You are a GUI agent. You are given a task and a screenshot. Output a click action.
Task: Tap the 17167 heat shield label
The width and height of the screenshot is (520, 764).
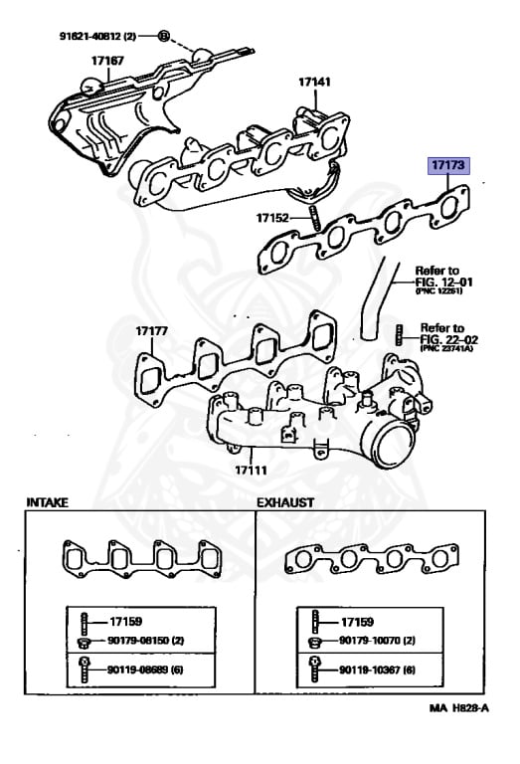[x=108, y=61]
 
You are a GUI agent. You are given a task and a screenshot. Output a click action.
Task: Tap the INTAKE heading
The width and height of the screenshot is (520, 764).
[x=47, y=503]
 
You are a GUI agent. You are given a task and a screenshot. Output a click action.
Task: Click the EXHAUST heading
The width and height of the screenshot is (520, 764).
[x=286, y=503]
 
